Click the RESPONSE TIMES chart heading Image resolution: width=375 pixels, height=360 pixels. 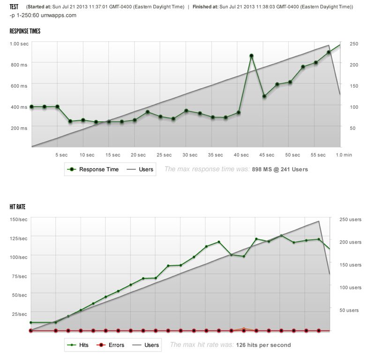click(x=25, y=31)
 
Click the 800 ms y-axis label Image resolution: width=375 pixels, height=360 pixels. click(x=19, y=65)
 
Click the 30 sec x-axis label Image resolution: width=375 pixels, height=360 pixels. click(x=190, y=154)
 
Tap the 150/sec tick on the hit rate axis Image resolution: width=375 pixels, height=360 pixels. click(x=18, y=219)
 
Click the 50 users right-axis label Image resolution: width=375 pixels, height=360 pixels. click(x=349, y=310)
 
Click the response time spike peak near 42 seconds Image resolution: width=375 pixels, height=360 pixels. click(x=251, y=56)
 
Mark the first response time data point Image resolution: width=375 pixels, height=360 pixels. click(x=31, y=107)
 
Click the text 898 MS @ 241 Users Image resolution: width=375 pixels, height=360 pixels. click(x=280, y=169)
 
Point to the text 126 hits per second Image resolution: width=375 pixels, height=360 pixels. click(x=263, y=345)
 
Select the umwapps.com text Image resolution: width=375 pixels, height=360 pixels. click(x=59, y=15)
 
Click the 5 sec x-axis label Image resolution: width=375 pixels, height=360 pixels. click(x=61, y=154)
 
